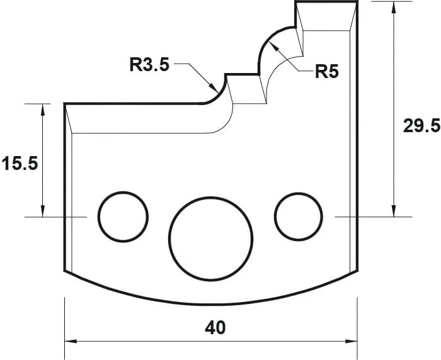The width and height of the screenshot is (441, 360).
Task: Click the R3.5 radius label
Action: coord(149,64)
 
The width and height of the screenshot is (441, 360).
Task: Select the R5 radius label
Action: coord(327,72)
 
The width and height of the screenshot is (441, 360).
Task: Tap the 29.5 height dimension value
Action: coord(421,126)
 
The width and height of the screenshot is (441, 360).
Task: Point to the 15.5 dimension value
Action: coord(20,164)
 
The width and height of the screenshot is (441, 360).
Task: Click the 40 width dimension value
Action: coord(215,327)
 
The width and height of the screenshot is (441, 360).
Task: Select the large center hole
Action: coord(211,239)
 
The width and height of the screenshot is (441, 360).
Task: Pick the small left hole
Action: coord(121,216)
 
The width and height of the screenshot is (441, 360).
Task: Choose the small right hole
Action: coord(297,216)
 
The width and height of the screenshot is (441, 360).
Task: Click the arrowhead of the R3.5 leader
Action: coord(214,87)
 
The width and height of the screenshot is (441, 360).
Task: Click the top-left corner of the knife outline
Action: coord(65,104)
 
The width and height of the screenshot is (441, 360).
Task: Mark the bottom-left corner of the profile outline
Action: coord(65,271)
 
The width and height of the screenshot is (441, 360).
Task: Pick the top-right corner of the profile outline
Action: coord(357,2)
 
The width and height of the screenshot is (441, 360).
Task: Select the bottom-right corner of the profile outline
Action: coord(357,271)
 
